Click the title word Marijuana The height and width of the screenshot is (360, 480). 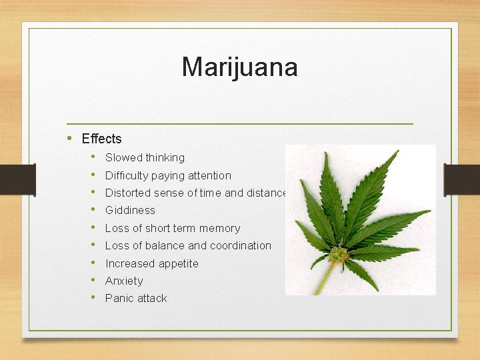pyautogui.click(x=239, y=67)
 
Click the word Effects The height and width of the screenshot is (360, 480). pyautogui.click(x=101, y=139)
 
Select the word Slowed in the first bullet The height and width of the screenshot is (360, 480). pyautogui.click(x=124, y=158)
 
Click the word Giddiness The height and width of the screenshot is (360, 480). pyautogui.click(x=130, y=211)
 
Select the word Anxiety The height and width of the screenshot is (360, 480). pyautogui.click(x=124, y=281)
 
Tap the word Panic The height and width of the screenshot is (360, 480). pyautogui.click(x=119, y=298)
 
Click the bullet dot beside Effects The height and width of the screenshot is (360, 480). pyautogui.click(x=70, y=138)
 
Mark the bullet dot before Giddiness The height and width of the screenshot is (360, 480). pyautogui.click(x=94, y=210)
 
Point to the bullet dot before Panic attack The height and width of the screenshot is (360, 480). pyautogui.click(x=94, y=298)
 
